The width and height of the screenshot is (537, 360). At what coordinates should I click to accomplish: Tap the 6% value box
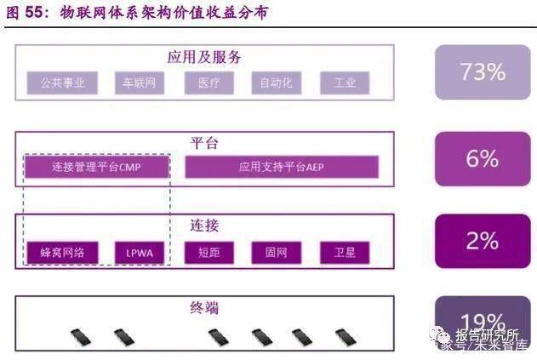point(482,158)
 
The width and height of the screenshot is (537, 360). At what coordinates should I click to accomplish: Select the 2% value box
point(482,241)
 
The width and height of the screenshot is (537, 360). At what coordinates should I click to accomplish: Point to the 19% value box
point(482,321)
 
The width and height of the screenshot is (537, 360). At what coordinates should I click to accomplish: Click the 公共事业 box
point(61,83)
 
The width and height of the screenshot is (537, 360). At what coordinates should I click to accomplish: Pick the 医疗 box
point(208,83)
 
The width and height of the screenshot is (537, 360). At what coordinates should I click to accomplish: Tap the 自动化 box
point(276,83)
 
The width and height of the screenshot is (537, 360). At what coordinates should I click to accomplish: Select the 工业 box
point(344,83)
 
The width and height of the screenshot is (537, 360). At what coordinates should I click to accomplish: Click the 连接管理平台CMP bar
point(96,167)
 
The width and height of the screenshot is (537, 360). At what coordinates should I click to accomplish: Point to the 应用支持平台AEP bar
point(280,167)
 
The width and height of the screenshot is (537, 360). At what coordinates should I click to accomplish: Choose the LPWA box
point(138,252)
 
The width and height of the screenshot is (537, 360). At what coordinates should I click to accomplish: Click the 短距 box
point(208,252)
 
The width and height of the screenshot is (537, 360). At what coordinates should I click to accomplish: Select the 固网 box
point(276,252)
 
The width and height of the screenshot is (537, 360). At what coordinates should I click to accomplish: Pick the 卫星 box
point(344,252)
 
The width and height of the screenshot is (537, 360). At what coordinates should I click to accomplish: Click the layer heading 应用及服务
point(204,57)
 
